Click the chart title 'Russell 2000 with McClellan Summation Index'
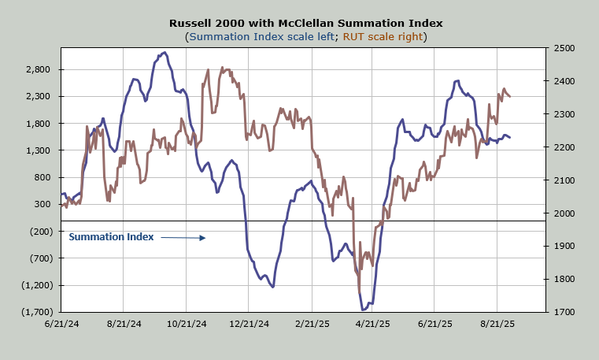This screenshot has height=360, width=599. coord(299,23)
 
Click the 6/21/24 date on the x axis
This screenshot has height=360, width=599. coord(61,324)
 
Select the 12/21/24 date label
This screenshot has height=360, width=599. coord(248,324)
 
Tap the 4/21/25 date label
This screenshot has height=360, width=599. coord(373,324)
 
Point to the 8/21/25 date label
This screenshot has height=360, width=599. coord(497,324)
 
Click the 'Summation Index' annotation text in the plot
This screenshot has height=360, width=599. coord(111,236)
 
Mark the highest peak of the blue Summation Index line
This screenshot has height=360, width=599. coord(164,53)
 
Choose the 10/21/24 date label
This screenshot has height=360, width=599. coord(186,324)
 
